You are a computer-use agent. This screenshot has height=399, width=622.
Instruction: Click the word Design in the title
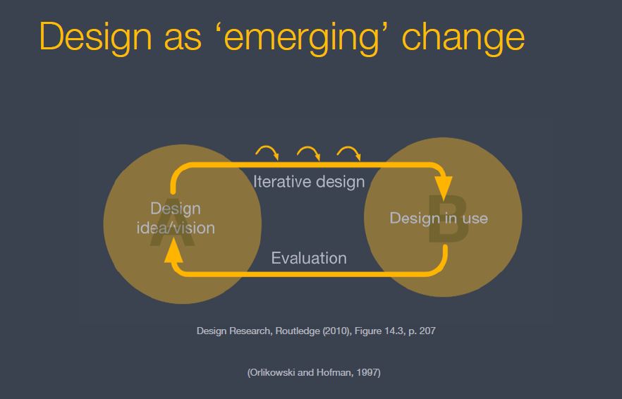pyautogui.click(x=96, y=37)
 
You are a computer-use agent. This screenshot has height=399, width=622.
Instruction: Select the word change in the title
pyautogui.click(x=463, y=37)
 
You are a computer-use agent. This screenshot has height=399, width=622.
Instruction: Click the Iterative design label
pyautogui.click(x=309, y=182)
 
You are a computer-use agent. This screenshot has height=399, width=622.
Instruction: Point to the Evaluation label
pyautogui.click(x=309, y=258)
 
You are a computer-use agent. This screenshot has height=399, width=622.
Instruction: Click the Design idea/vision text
pyautogui.click(x=176, y=218)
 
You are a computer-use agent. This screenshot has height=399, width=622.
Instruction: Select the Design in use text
pyautogui.click(x=439, y=218)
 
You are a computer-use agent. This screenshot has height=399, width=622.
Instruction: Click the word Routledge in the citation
pyautogui.click(x=297, y=331)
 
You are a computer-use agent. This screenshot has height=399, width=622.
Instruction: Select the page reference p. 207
pyautogui.click(x=422, y=331)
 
